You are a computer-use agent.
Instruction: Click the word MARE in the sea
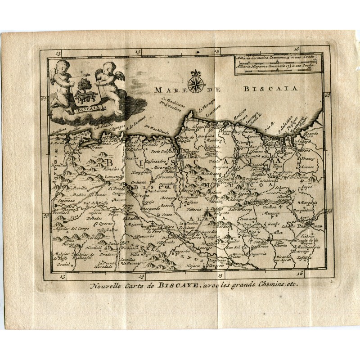(166, 90)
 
